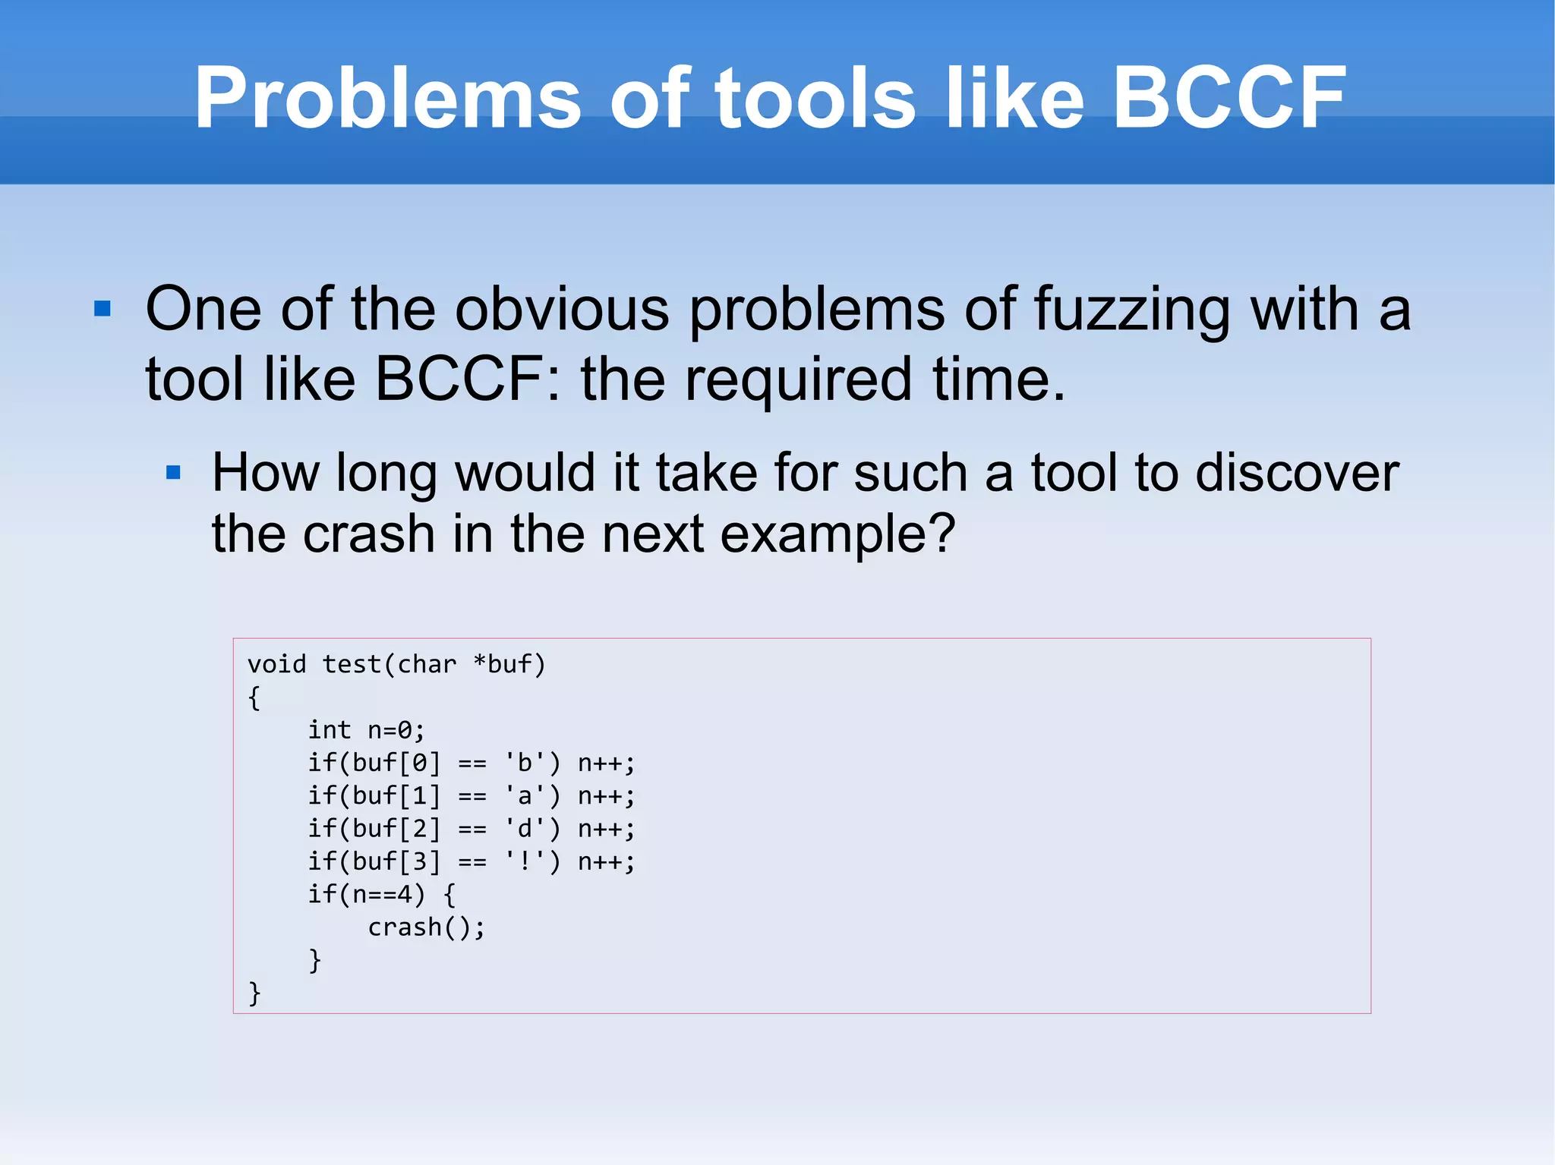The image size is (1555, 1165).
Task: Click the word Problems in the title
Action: [x=387, y=99]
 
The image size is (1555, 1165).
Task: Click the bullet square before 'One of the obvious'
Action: [x=103, y=309]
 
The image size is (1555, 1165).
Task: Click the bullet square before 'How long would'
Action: [x=173, y=473]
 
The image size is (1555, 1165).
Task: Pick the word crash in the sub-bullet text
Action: [x=368, y=535]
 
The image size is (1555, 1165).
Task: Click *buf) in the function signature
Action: [x=509, y=665]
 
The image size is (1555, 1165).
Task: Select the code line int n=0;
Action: [x=366, y=730]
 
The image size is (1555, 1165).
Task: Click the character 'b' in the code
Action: [x=524, y=763]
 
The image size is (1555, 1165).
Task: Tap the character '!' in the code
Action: [x=524, y=862]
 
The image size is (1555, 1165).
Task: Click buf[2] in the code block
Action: [x=396, y=829]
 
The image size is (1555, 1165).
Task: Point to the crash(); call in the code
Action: [x=426, y=927]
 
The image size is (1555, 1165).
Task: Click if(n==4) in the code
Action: [x=366, y=895]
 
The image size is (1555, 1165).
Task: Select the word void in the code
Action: [x=276, y=665]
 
